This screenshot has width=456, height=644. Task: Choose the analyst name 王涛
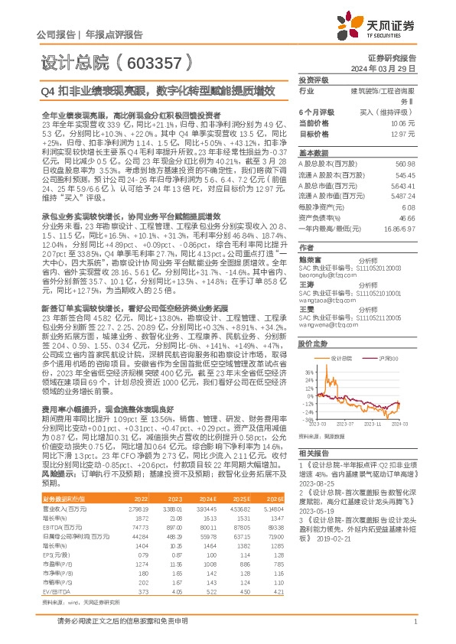[306, 283]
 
